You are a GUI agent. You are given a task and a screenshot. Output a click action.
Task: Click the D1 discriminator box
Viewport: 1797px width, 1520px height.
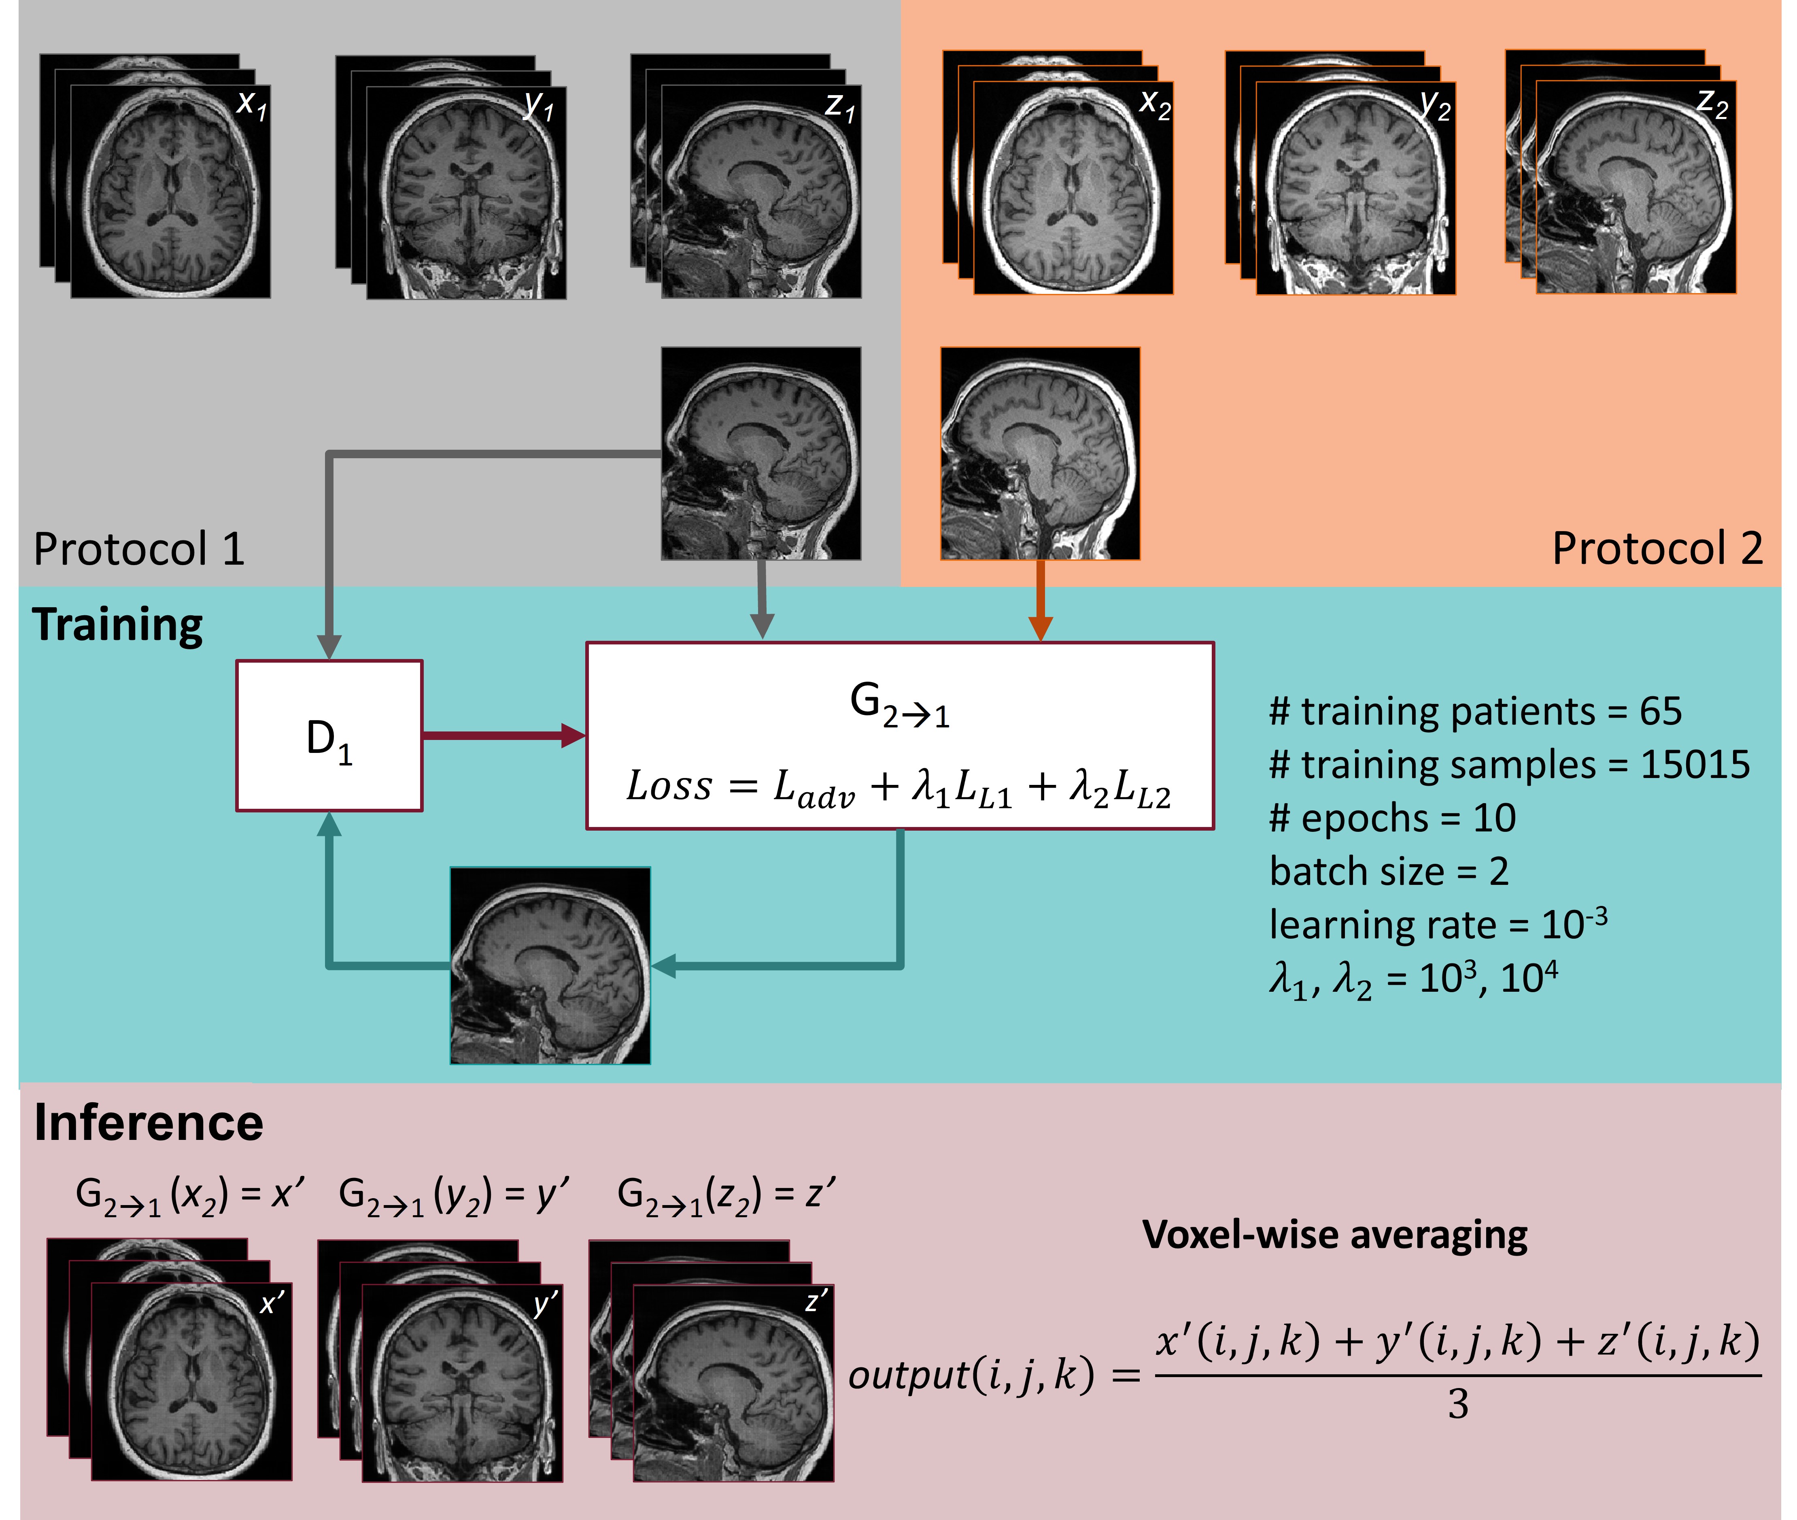coord(329,736)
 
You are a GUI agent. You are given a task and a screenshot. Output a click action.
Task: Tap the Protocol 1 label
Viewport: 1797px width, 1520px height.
coord(139,549)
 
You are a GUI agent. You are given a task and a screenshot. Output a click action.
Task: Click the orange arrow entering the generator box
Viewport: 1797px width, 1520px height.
coord(1041,601)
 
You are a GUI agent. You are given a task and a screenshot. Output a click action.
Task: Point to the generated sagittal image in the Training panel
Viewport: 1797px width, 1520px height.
coord(550,965)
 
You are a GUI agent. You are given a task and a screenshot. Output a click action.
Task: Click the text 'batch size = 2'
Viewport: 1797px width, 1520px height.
coord(1389,872)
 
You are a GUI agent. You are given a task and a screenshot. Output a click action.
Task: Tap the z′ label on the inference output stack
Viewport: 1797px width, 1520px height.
coord(816,1301)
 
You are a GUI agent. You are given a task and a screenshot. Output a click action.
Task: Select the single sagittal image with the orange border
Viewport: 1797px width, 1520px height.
coord(1040,453)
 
